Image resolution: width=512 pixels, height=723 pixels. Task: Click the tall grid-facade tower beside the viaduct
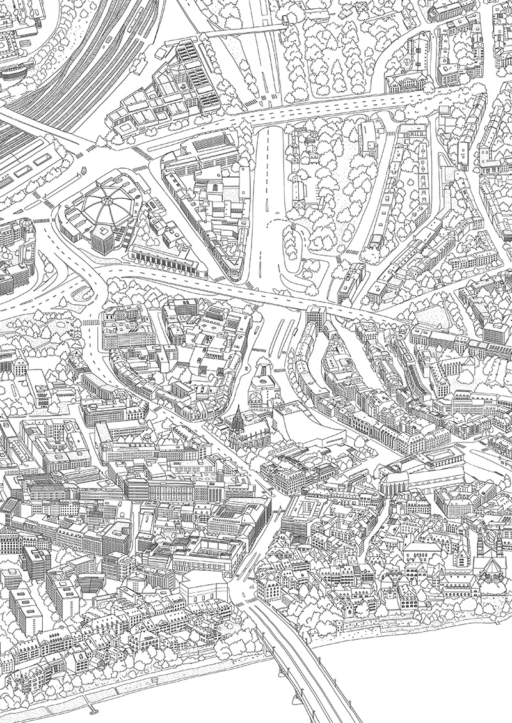point(315,320)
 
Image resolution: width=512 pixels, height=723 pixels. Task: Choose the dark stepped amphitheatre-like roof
point(91,582)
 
